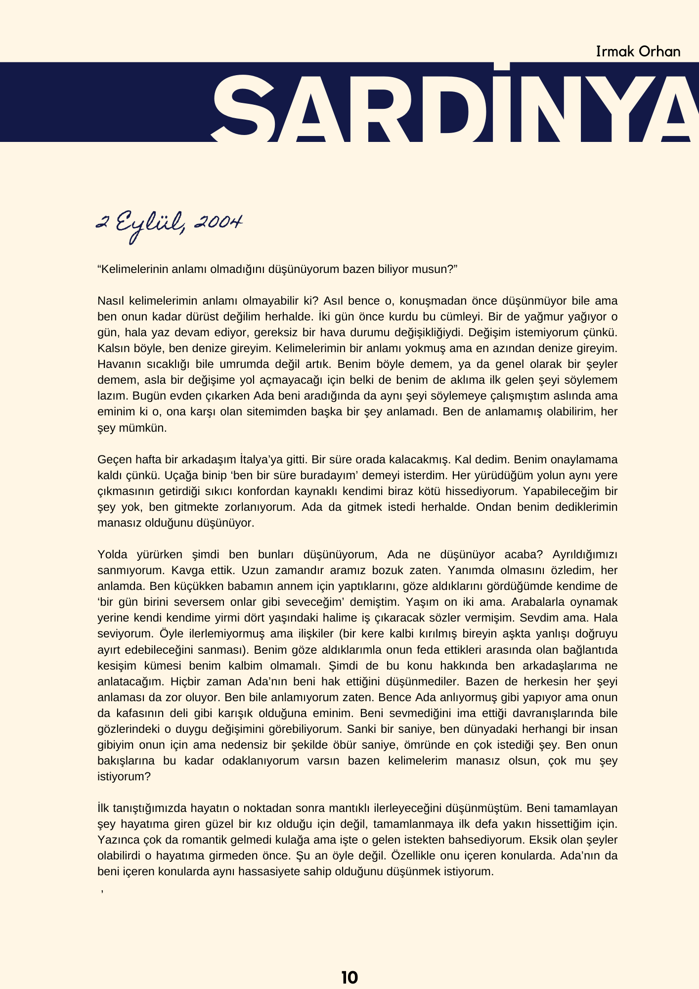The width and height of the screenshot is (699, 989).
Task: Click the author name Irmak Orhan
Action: point(638,51)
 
